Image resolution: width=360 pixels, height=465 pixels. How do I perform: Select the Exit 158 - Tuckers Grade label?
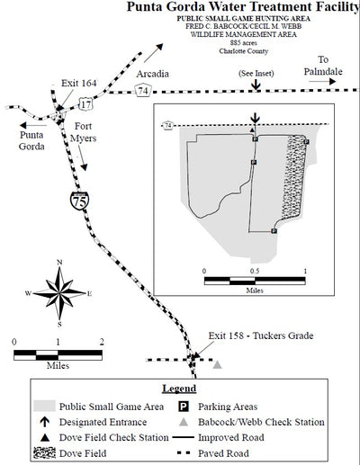click(x=260, y=336)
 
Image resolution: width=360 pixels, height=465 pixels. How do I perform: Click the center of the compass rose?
click(x=59, y=293)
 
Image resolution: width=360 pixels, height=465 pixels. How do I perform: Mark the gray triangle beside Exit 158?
click(x=217, y=365)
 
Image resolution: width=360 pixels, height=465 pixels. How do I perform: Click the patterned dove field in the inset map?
click(x=294, y=180)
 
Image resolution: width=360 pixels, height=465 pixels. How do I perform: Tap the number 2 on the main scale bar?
click(x=103, y=342)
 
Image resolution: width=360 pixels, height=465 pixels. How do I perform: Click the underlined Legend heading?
click(x=178, y=389)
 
